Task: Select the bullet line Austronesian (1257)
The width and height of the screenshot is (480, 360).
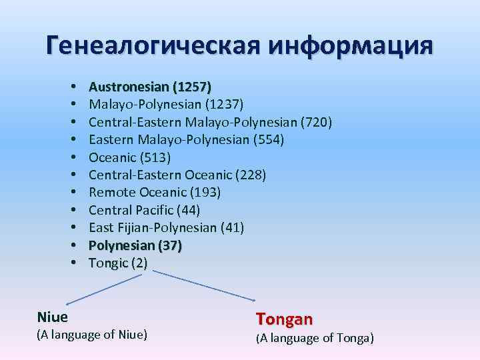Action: coord(150,87)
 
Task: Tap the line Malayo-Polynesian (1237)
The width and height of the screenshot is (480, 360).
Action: coord(166,104)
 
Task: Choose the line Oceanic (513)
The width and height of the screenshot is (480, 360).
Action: coord(129,157)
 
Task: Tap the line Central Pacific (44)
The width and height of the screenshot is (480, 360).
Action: coord(144,210)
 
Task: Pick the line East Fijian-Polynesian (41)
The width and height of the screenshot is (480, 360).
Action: coord(166,228)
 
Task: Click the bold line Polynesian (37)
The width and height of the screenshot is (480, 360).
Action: coord(135,245)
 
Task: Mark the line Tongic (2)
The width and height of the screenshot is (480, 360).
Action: coord(118,263)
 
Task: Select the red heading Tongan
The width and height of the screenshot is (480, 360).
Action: coord(284,319)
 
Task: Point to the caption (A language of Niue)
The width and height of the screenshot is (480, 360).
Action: coord(91,333)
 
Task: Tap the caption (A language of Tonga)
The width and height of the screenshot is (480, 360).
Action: coord(315,339)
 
